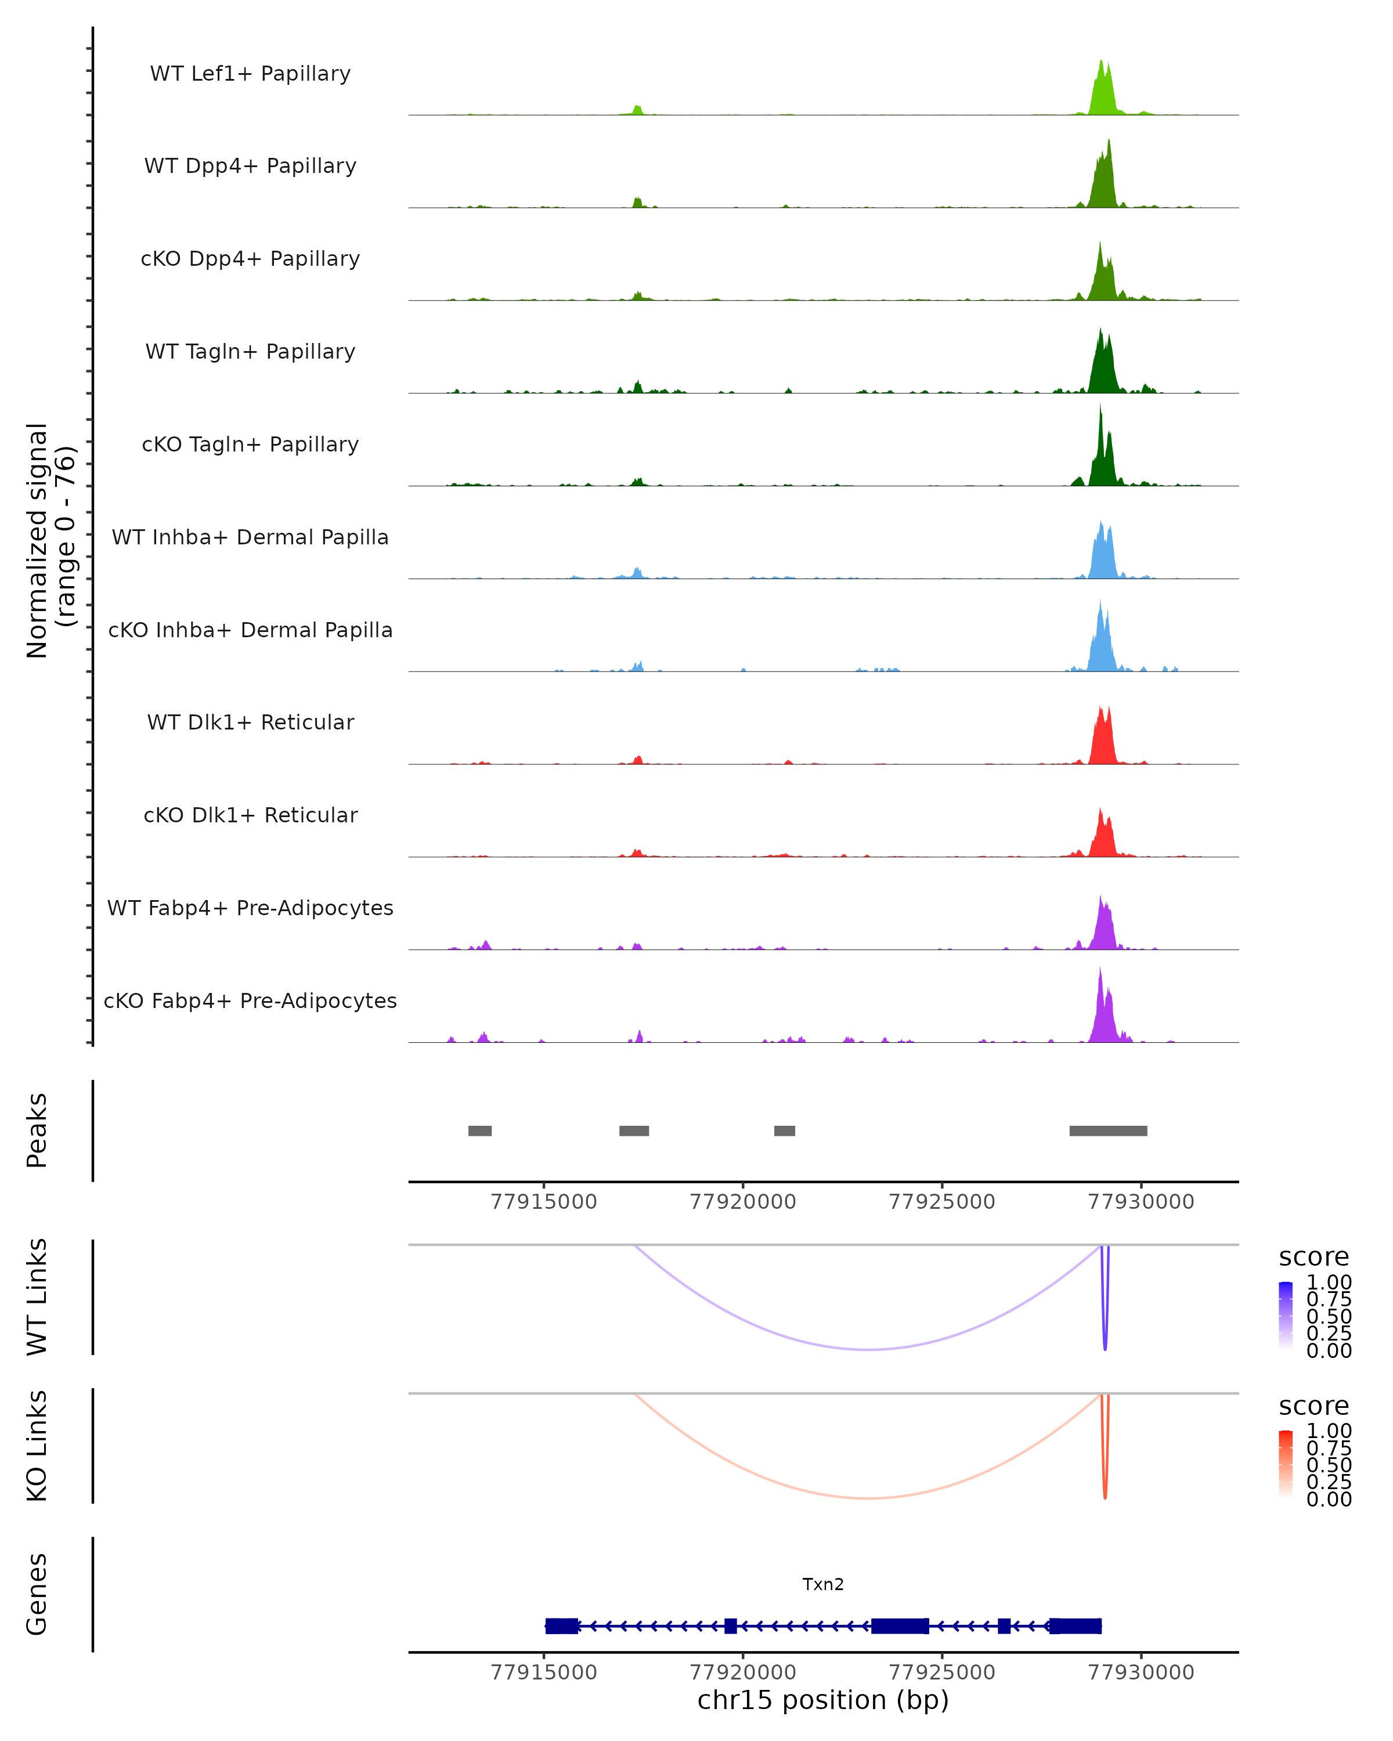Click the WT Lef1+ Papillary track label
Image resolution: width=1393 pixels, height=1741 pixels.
pos(250,74)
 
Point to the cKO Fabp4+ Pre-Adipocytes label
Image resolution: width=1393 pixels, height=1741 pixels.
pos(250,1000)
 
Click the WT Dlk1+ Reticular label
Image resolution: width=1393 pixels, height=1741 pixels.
pos(250,722)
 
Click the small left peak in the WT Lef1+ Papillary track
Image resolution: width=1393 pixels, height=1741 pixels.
pos(637,110)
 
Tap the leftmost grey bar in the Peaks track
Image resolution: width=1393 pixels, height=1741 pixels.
pos(479,1130)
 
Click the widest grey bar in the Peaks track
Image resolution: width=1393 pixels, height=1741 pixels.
pos(1108,1130)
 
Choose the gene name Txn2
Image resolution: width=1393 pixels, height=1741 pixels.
pos(823,1584)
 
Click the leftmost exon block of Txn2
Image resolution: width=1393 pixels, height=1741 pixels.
pos(561,1626)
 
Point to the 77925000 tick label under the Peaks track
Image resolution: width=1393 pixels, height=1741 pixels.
pos(941,1202)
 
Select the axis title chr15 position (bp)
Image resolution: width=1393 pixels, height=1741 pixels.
pos(823,1700)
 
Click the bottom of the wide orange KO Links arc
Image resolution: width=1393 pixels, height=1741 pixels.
pos(868,1498)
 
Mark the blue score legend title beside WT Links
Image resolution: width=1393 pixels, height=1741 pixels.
pos(1313,1258)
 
